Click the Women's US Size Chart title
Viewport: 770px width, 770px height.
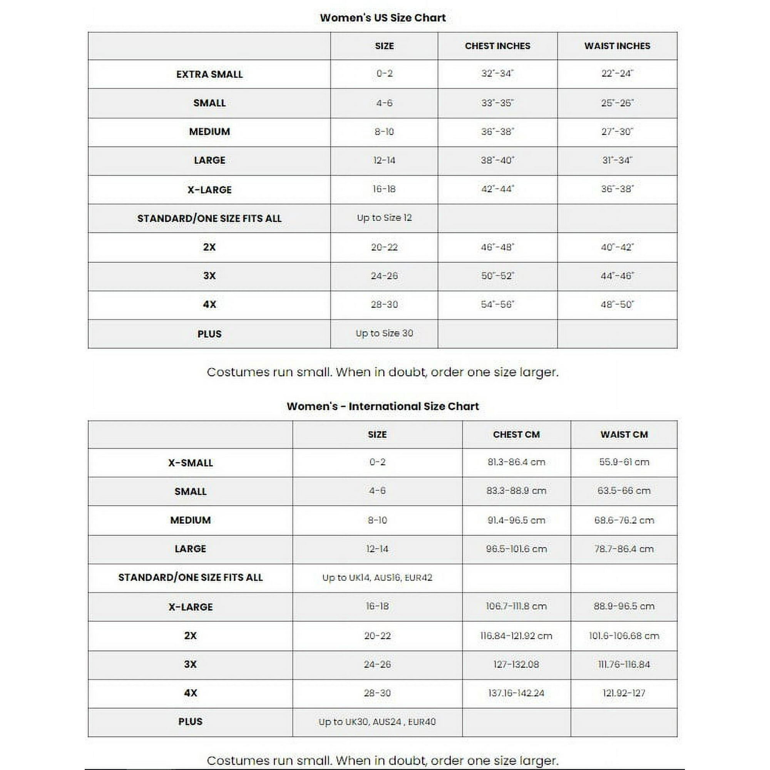pos(383,18)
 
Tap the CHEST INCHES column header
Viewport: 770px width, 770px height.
pos(497,46)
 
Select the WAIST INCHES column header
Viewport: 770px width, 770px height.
pos(617,46)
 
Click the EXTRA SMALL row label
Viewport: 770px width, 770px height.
pos(209,75)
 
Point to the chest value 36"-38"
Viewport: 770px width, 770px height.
pos(497,132)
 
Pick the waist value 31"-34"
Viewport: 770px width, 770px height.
pos(617,160)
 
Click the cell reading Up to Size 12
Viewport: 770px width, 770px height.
pos(384,218)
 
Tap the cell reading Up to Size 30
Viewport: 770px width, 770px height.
pos(384,333)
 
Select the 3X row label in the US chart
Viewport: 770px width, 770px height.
pos(209,276)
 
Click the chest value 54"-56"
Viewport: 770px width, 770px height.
pos(497,305)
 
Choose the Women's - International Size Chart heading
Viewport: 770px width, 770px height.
pos(383,406)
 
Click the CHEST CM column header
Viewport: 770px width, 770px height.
pos(516,434)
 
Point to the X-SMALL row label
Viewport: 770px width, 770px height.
pos(191,463)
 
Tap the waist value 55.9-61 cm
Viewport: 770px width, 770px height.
pos(624,462)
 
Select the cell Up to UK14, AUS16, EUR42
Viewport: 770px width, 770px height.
pos(377,577)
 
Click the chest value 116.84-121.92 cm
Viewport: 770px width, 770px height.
pos(516,636)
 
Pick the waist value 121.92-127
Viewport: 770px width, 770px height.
pos(624,693)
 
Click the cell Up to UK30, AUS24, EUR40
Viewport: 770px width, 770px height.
pos(377,722)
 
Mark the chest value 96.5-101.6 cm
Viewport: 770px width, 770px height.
pos(516,549)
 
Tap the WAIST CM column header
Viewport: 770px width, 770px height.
pos(624,434)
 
